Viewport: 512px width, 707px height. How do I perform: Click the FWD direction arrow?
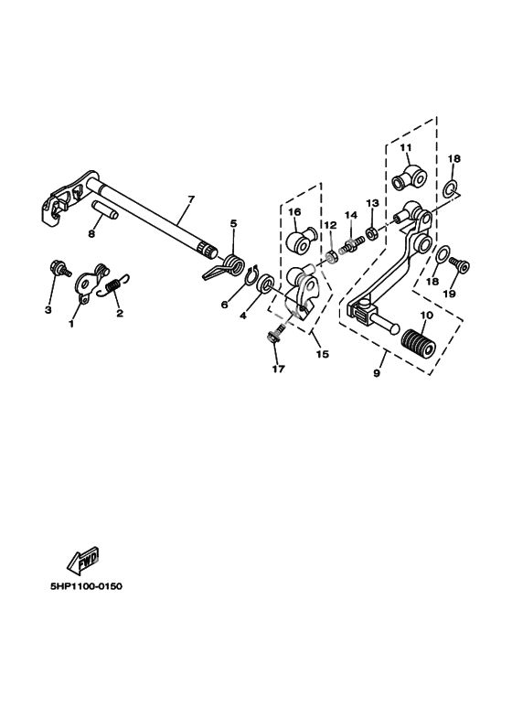click(83, 561)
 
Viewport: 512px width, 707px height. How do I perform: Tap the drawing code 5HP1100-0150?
click(86, 586)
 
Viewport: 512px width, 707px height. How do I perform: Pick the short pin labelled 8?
click(105, 210)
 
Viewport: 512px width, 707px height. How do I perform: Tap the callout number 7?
click(190, 198)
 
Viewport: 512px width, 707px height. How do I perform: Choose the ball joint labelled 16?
click(301, 239)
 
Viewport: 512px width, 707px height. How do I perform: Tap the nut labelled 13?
click(372, 233)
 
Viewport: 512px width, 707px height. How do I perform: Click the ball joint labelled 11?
click(409, 178)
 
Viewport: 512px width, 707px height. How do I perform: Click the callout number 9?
click(377, 373)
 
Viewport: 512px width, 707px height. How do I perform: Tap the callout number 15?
click(322, 354)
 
